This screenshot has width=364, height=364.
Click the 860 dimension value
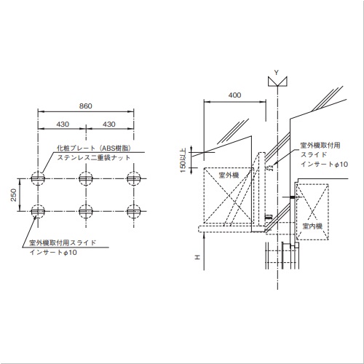[86, 106]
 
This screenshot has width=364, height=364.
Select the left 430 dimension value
[63, 124]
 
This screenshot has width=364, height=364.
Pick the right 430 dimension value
[109, 124]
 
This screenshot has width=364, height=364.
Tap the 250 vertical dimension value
[13, 195]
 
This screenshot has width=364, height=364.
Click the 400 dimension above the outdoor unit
[234, 95]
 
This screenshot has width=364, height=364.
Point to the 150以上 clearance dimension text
[183, 160]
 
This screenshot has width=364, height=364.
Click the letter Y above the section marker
[276, 72]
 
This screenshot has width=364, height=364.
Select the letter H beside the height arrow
[198, 257]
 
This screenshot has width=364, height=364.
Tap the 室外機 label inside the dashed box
[229, 175]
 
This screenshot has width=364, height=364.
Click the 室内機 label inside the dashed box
[312, 226]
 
